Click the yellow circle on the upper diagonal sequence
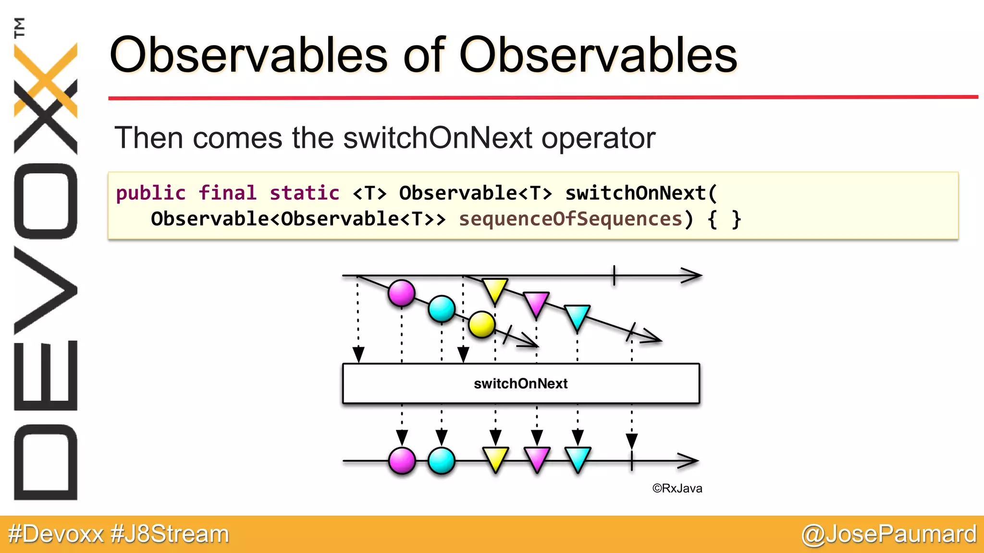pos(481,325)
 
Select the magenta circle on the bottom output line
pos(402,461)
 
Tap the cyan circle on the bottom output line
pos(441,461)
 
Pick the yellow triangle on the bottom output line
pos(495,458)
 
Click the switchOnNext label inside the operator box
pos(520,384)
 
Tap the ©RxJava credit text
pos(677,489)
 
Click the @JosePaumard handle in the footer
pos(888,534)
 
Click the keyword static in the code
pos(304,193)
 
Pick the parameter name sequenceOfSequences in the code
pos(570,219)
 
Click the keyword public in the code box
pos(150,193)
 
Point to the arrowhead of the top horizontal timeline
pos(693,276)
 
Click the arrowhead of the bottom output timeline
pos(689,461)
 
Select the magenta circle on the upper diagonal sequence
pos(402,293)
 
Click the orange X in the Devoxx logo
pos(46,80)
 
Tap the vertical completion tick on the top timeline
pos(614,276)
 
